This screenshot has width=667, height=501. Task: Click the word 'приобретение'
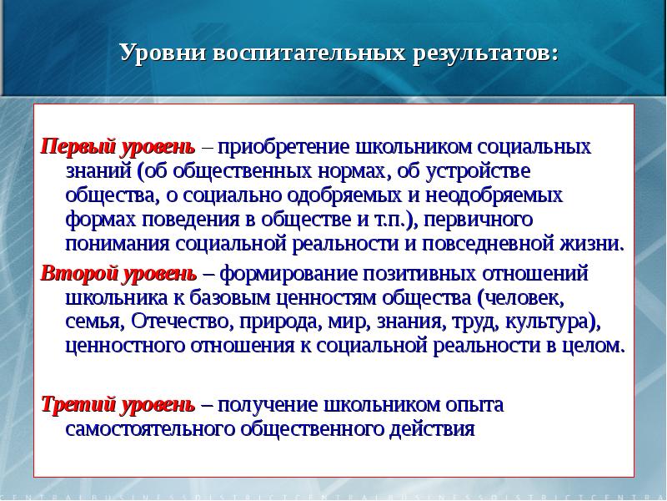[283, 147]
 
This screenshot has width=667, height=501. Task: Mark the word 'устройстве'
[484, 171]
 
